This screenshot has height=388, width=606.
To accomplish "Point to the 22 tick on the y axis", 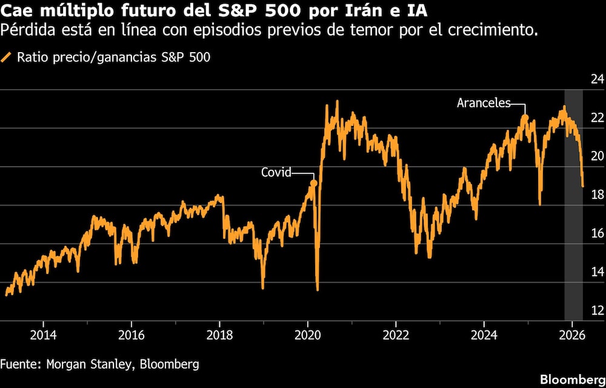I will (x=597, y=118).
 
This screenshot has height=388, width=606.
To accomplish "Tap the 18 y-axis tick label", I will (x=597, y=195).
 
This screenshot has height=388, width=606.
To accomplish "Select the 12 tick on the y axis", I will (x=597, y=310).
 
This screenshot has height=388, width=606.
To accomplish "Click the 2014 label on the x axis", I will (x=43, y=335).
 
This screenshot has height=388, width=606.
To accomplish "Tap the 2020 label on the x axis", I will (x=307, y=335).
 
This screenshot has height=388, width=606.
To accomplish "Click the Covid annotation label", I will (x=276, y=172).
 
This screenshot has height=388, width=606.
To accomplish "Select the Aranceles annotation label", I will (x=484, y=103).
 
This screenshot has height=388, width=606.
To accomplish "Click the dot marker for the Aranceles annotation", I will (x=525, y=118).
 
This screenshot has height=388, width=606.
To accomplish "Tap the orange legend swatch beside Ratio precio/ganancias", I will (x=7, y=58).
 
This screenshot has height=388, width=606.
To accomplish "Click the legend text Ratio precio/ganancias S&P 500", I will (x=114, y=58).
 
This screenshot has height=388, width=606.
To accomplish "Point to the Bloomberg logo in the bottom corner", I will (x=573, y=379).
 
